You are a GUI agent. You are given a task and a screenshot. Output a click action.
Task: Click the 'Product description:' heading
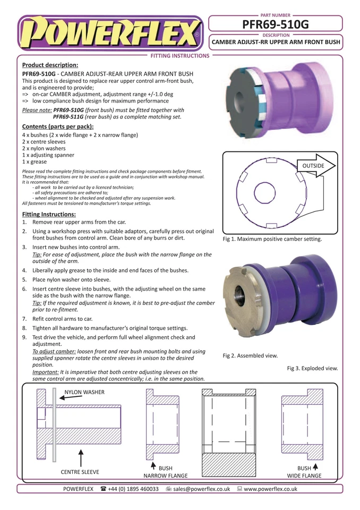[50, 65]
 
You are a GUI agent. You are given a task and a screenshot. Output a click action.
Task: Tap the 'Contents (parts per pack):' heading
[58, 126]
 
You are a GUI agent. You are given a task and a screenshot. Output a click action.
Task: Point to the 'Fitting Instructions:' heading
[48, 214]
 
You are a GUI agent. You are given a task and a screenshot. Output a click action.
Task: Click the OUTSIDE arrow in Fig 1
[315, 166]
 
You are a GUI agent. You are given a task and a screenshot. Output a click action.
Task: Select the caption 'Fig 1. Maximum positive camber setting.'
[272, 239]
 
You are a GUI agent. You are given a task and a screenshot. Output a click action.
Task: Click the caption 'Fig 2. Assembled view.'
[250, 355]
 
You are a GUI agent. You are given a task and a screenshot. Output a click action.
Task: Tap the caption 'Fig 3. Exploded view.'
[312, 368]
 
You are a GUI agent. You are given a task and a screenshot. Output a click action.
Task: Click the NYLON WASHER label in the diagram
[84, 392]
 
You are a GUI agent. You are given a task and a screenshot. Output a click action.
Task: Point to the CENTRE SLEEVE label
[80, 471]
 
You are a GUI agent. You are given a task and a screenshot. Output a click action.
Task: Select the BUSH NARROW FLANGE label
[166, 472]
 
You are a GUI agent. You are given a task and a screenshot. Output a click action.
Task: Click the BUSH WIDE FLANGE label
[304, 472]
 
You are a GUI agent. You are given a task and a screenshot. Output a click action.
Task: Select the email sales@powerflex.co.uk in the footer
[201, 489]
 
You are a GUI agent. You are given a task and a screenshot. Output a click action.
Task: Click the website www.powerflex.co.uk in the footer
[270, 489]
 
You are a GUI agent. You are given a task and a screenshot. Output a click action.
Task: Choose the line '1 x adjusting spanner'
[48, 155]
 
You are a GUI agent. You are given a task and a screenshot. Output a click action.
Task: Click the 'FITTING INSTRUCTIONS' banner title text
[180, 55]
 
